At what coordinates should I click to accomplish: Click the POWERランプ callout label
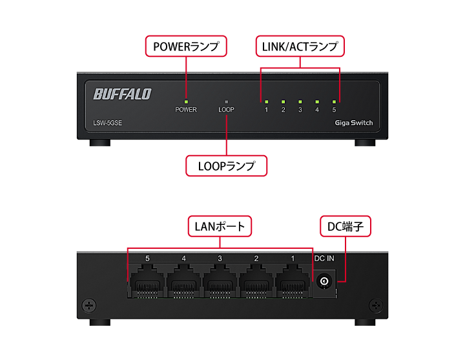tap(186, 47)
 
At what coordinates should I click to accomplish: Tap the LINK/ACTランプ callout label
tap(300, 47)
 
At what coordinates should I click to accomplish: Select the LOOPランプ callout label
tap(226, 165)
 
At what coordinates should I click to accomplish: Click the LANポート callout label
tap(220, 226)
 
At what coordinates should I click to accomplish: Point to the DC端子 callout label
tap(347, 226)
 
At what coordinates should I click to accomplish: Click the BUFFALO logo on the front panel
tap(122, 94)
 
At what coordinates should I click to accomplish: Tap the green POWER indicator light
tap(186, 101)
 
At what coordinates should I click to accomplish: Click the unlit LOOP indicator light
tap(226, 101)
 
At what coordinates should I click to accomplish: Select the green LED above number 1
tap(266, 101)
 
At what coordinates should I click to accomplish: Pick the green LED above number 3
tap(300, 101)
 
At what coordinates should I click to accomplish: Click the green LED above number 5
tap(334, 101)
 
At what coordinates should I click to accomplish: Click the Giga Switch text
tap(354, 123)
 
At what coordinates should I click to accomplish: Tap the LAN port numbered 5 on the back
tap(147, 283)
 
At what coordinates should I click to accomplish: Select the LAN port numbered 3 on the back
tap(220, 283)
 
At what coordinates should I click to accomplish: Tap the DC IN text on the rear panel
tap(324, 259)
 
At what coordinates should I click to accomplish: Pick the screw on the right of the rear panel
tap(375, 304)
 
